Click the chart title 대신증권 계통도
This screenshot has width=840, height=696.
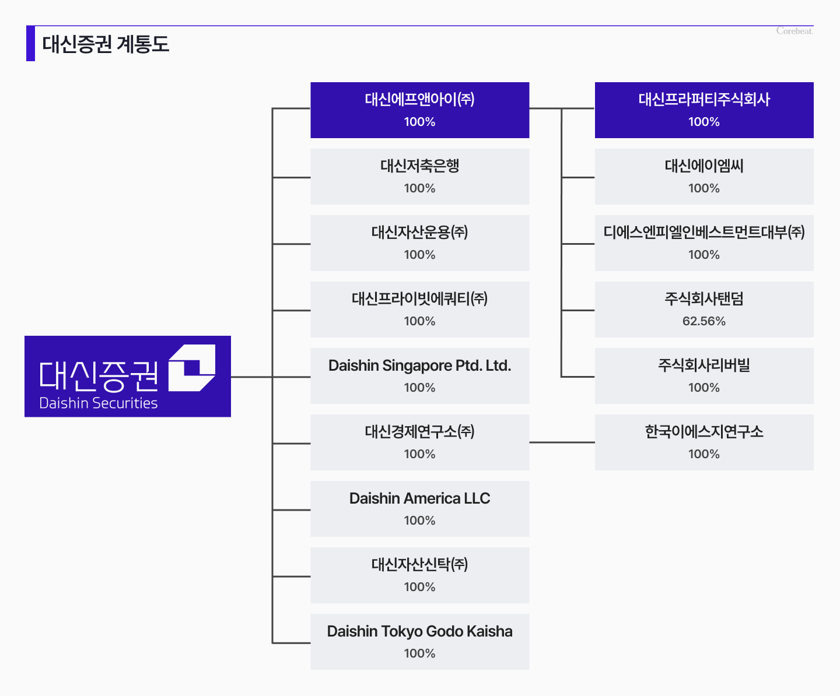coord(106,44)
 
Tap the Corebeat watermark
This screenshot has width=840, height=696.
coord(794,31)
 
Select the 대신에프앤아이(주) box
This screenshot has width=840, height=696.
coord(419,110)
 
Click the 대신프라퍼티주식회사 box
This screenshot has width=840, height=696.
coord(704,110)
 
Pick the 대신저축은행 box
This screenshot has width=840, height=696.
coord(419,177)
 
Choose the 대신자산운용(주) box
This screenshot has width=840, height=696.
coord(419,243)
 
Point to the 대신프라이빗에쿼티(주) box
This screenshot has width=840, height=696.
coord(419,309)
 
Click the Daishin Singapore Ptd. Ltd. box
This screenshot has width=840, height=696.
coord(419,376)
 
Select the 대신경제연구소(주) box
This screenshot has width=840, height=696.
coord(419,442)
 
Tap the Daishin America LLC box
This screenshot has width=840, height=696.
coord(419,509)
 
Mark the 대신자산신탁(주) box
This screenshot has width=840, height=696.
coord(419,575)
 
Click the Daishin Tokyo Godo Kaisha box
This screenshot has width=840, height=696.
coord(419,641)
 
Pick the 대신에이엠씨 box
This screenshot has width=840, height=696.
coord(704,177)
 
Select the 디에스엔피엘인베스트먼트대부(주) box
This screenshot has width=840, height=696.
coord(704,243)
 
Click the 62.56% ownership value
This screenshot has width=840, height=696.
coord(704,321)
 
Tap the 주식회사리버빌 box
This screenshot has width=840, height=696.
coord(704,376)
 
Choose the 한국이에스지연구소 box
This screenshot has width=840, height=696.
coord(704,442)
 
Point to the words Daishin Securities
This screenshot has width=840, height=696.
coord(99,403)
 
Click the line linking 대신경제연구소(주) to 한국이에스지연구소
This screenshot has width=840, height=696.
coord(562,442)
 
